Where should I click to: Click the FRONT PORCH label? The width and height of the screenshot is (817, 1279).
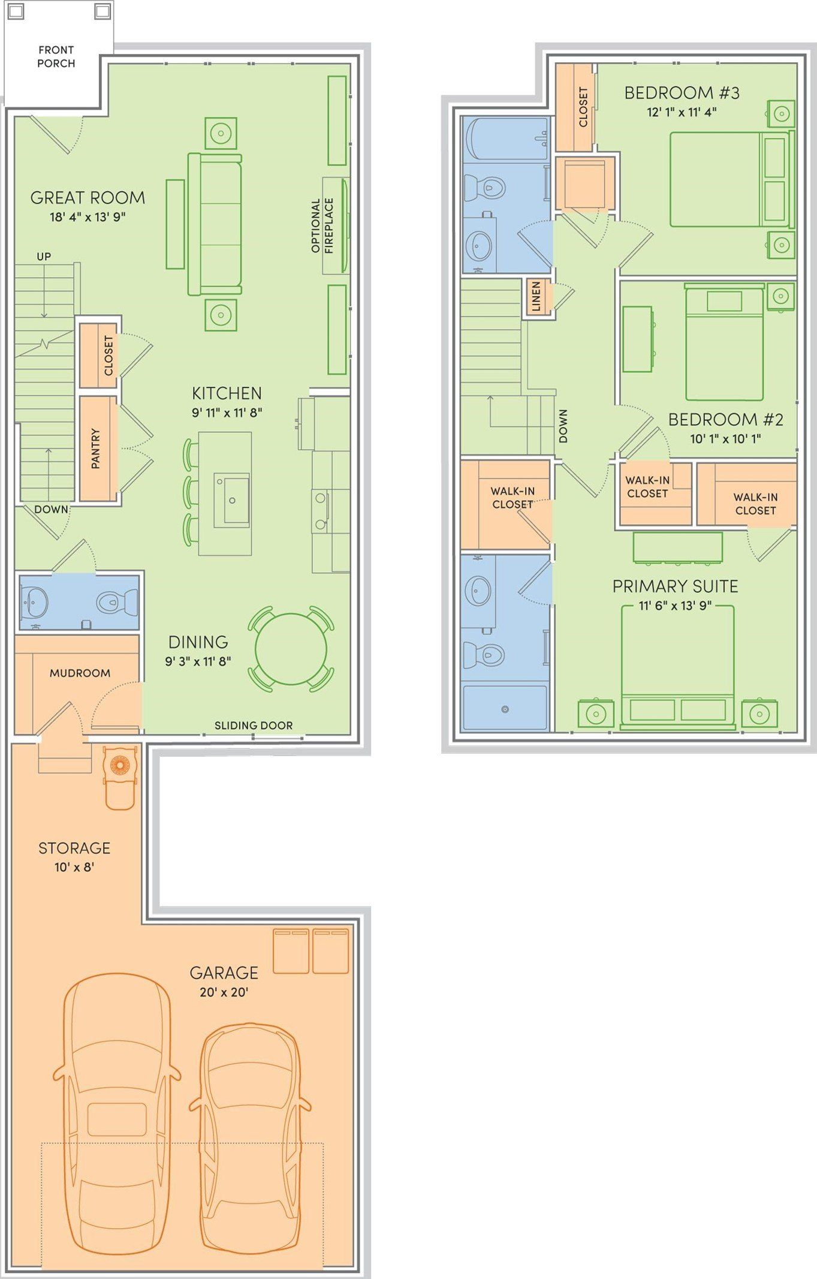point(56,56)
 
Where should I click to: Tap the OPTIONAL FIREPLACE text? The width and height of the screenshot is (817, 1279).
point(322,226)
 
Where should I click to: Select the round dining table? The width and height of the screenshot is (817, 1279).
point(291,649)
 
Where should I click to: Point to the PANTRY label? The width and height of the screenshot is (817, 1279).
point(95,449)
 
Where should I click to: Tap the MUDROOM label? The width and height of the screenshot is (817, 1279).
point(80,673)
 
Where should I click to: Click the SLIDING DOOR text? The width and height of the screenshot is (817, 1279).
point(254,726)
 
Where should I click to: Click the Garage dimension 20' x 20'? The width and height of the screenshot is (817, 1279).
point(224,992)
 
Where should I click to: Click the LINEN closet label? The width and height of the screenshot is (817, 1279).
point(536,296)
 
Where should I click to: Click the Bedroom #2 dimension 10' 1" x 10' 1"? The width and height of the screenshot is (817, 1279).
point(725,439)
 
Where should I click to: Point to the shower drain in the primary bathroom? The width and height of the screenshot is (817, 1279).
point(505,709)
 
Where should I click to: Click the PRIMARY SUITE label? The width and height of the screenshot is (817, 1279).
point(675,586)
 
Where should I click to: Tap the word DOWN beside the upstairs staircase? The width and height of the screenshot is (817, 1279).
point(563,426)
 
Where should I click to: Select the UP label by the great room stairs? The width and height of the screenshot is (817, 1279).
point(44,257)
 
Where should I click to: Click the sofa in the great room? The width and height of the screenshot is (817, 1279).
point(215,224)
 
